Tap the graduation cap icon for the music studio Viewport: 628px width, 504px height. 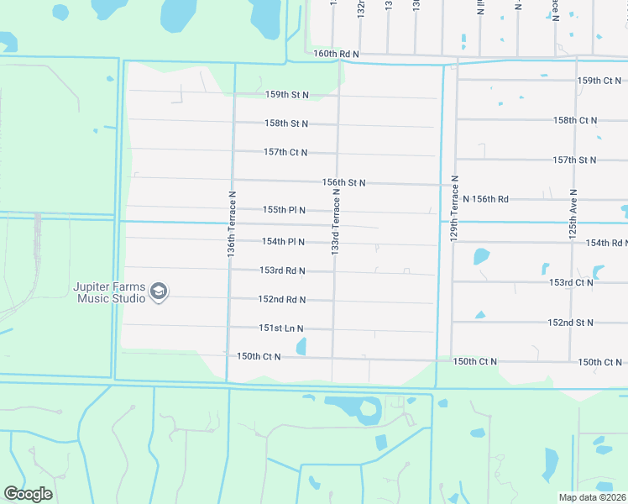tap(159, 291)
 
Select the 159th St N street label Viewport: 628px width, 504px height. tap(286, 95)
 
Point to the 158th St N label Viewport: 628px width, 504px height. tap(286, 123)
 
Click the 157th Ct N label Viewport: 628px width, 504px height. tap(285, 152)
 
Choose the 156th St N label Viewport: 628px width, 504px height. tap(343, 182)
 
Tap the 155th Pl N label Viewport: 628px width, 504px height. tap(284, 209)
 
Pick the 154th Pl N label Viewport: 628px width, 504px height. tap(283, 242)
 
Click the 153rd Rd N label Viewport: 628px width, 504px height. tap(282, 270)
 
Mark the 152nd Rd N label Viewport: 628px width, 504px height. tap(282, 299)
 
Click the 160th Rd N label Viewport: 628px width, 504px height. tap(336, 54)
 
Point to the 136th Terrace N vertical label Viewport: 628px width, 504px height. tap(231, 222)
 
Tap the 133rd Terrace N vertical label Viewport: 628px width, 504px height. tap(335, 222)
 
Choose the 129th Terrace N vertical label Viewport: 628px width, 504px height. tap(454, 209)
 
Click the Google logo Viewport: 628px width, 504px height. tap(28, 494)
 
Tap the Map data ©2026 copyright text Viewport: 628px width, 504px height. tap(592, 497)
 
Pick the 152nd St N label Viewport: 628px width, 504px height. tap(571, 323)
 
